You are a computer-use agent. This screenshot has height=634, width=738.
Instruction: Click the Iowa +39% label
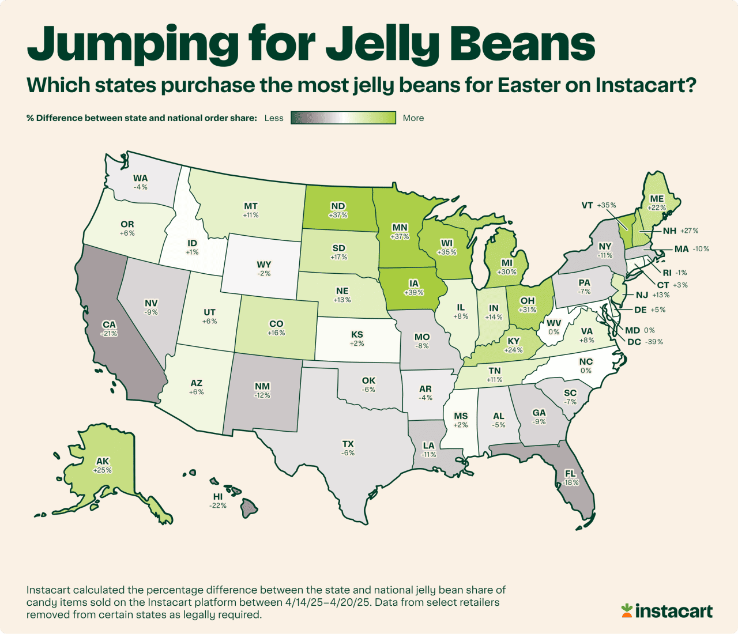(x=414, y=288)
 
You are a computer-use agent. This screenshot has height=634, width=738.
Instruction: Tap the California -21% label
(x=109, y=329)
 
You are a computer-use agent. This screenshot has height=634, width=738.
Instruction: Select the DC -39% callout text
(x=645, y=342)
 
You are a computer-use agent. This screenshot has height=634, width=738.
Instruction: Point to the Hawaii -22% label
(x=217, y=501)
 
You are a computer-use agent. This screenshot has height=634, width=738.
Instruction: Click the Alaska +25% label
(x=102, y=466)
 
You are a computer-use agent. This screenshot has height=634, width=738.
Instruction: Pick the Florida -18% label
(x=571, y=478)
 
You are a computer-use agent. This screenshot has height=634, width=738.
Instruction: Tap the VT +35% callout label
(x=598, y=205)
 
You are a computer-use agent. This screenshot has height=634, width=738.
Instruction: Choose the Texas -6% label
(x=348, y=448)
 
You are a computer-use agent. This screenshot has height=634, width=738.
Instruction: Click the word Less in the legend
(x=274, y=118)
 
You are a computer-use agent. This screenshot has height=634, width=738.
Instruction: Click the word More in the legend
(x=413, y=118)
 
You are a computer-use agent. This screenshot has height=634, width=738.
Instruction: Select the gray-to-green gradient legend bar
(x=343, y=118)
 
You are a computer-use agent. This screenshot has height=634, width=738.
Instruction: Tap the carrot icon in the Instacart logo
(x=627, y=610)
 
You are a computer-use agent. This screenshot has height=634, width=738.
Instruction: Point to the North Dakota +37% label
(x=338, y=210)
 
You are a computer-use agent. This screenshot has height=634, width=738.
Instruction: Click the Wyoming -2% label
(x=264, y=269)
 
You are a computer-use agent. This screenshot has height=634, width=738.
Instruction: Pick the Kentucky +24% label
(x=513, y=345)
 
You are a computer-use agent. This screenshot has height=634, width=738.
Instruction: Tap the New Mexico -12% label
(x=262, y=391)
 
